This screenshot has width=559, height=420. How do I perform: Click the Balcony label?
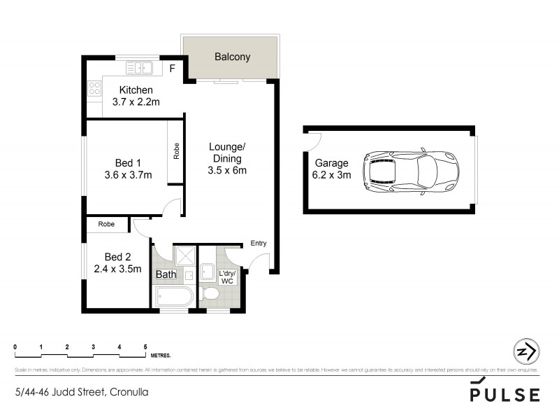tap(232, 57)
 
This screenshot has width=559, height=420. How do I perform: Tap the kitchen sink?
tap(140, 68)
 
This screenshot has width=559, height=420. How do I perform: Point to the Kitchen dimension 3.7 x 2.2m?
tap(136, 102)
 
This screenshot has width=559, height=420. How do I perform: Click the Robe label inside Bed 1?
tap(176, 152)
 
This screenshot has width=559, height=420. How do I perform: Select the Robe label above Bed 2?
tap(106, 225)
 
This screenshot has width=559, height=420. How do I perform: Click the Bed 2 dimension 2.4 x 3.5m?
tap(117, 268)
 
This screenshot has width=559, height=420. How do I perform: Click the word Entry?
tap(259, 243)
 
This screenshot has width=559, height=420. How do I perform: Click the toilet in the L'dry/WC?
tap(209, 295)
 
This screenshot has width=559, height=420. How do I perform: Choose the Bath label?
tap(166, 274)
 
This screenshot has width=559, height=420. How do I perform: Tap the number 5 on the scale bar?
tap(145, 346)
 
